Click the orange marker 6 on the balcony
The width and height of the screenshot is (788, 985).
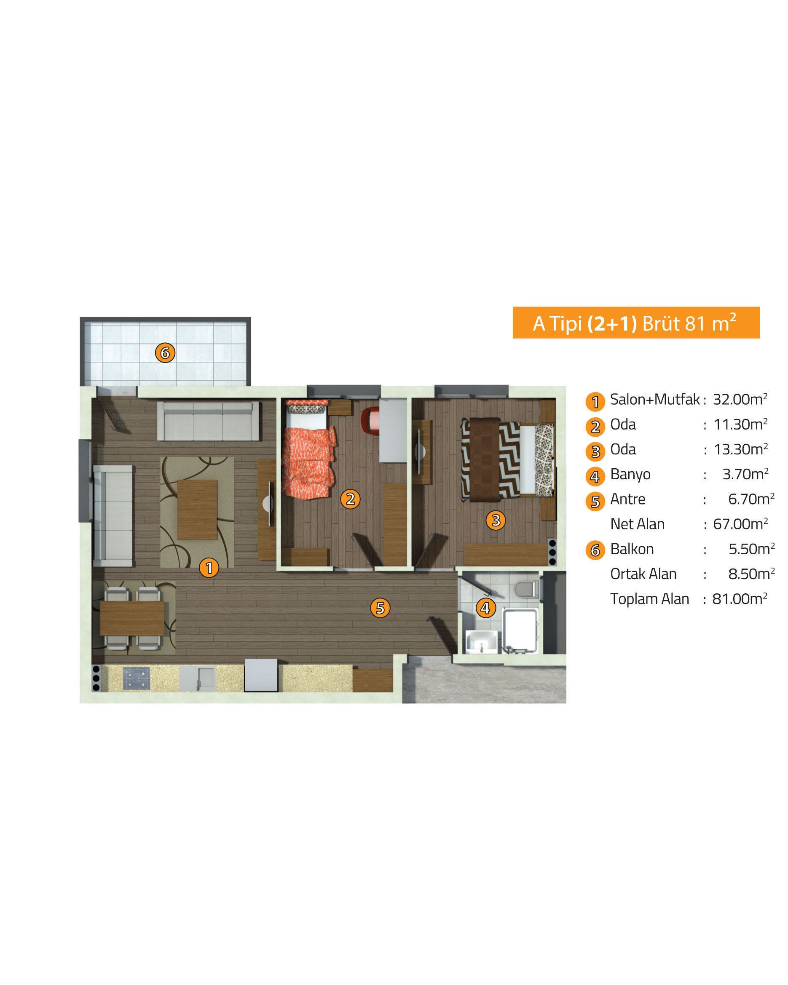(165, 353)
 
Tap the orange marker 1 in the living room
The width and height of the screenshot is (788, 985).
(209, 568)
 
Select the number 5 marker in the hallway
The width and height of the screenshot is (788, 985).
(380, 608)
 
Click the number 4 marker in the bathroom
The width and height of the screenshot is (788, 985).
(485, 608)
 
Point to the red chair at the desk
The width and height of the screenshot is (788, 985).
(370, 420)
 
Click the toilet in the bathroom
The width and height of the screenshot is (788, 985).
(527, 589)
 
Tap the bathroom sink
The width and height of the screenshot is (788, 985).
(481, 641)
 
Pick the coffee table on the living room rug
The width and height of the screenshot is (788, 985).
(197, 510)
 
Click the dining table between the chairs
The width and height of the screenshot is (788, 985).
(131, 618)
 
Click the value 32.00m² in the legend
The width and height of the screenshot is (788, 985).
(740, 399)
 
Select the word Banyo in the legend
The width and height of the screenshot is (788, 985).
(630, 475)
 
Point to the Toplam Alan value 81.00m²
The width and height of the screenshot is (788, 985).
(740, 599)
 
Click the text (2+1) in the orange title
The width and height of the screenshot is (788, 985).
(612, 323)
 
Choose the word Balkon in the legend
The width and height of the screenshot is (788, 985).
(632, 549)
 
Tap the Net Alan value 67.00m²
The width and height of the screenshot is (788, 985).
(740, 524)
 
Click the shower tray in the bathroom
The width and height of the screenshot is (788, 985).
(520, 630)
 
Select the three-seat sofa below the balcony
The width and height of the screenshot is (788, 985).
(209, 421)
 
